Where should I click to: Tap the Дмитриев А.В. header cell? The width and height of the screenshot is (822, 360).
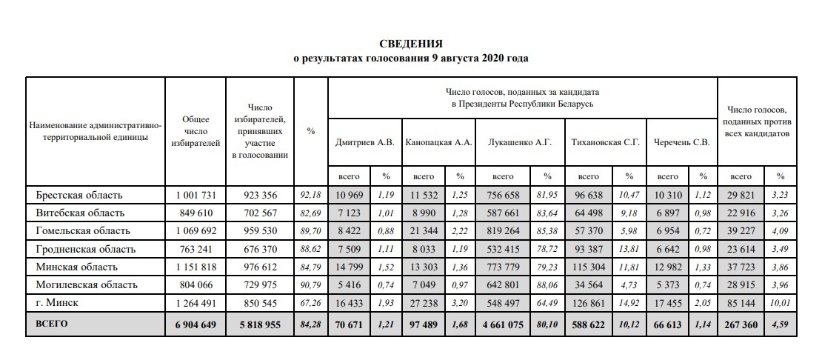[x=364, y=141]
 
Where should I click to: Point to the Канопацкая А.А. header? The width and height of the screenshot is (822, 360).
[x=438, y=141]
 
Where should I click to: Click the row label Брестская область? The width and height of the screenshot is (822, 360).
[x=78, y=196]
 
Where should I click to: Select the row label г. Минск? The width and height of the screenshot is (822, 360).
[x=58, y=302]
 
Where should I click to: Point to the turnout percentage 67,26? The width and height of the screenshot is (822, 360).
[x=310, y=302]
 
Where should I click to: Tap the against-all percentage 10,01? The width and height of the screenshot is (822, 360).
[x=780, y=302]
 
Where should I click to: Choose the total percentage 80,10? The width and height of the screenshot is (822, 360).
[x=547, y=324]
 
